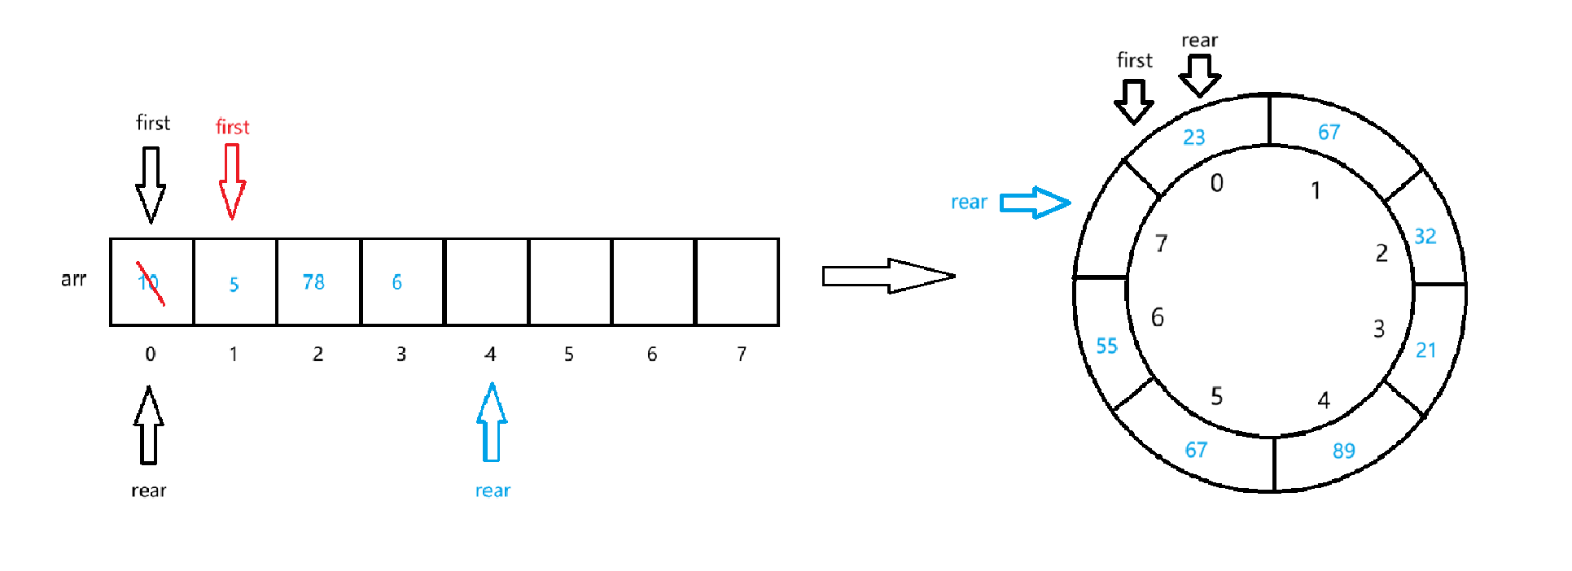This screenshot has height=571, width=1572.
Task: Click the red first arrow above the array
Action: point(232,181)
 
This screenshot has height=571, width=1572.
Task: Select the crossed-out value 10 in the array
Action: point(149,282)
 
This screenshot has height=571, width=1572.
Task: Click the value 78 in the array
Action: point(313,282)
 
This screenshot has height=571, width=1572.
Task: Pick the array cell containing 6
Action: point(402,282)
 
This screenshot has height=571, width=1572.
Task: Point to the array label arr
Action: point(73,280)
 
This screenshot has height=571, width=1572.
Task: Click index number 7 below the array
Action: point(741,355)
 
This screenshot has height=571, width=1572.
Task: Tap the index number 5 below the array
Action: point(569,355)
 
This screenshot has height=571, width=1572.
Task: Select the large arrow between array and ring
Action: point(887,276)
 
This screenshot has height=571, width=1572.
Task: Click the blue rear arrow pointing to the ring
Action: point(1034,203)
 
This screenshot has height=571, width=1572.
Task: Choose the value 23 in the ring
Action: point(1193,137)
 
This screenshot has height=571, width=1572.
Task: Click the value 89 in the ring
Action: point(1343,451)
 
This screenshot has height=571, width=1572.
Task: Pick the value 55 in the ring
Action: point(1106,347)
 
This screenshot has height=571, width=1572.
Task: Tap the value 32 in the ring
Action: point(1425,237)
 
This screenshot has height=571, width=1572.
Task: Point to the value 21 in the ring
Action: point(1425,351)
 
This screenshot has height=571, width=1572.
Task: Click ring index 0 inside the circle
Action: point(1216,184)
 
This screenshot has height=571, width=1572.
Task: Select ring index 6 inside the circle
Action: point(1157,317)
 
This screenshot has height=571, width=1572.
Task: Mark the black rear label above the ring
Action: point(1199,41)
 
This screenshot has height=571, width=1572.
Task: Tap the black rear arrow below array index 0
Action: point(149,425)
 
